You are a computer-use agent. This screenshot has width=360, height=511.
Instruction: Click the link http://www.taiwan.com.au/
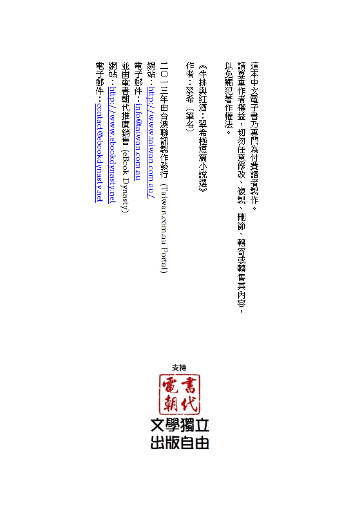click(151, 142)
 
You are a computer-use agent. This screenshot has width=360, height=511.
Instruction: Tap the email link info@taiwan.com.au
click(138, 142)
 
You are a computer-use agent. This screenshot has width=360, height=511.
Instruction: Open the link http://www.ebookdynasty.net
click(112, 145)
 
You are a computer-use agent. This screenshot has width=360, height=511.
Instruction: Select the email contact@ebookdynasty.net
click(99, 153)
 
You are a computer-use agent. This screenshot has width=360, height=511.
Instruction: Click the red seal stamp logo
click(180, 395)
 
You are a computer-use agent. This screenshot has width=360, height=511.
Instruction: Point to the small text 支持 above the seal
click(179, 368)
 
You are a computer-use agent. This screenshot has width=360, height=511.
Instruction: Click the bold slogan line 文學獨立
click(180, 425)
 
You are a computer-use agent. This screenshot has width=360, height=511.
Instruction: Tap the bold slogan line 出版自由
click(180, 443)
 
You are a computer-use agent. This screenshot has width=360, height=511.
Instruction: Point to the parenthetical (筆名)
click(190, 120)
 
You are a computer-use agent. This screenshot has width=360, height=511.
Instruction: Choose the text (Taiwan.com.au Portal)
click(164, 228)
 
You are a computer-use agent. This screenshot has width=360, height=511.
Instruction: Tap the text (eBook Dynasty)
click(125, 181)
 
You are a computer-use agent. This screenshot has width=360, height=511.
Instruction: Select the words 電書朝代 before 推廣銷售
click(125, 95)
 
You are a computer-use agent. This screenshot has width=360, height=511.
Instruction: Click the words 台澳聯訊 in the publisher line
click(164, 129)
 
